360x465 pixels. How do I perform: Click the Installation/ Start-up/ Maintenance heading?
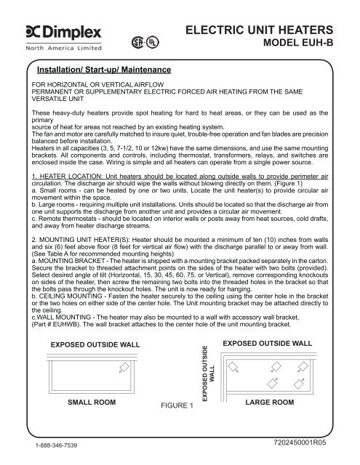coord(104,70)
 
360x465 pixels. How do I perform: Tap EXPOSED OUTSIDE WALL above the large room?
coord(277,341)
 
